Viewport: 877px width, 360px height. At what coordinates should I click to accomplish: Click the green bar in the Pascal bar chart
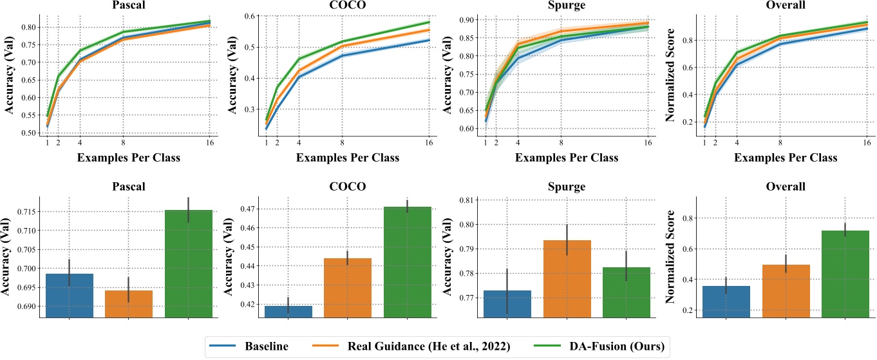pyautogui.click(x=189, y=263)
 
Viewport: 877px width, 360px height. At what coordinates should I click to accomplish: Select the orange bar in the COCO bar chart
pyautogui.click(x=348, y=287)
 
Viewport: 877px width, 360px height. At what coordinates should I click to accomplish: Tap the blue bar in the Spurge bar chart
pyautogui.click(x=507, y=303)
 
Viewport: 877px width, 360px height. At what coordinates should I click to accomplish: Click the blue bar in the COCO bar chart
pyautogui.click(x=288, y=311)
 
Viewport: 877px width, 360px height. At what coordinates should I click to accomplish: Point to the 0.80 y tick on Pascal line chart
pyautogui.click(x=29, y=27)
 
